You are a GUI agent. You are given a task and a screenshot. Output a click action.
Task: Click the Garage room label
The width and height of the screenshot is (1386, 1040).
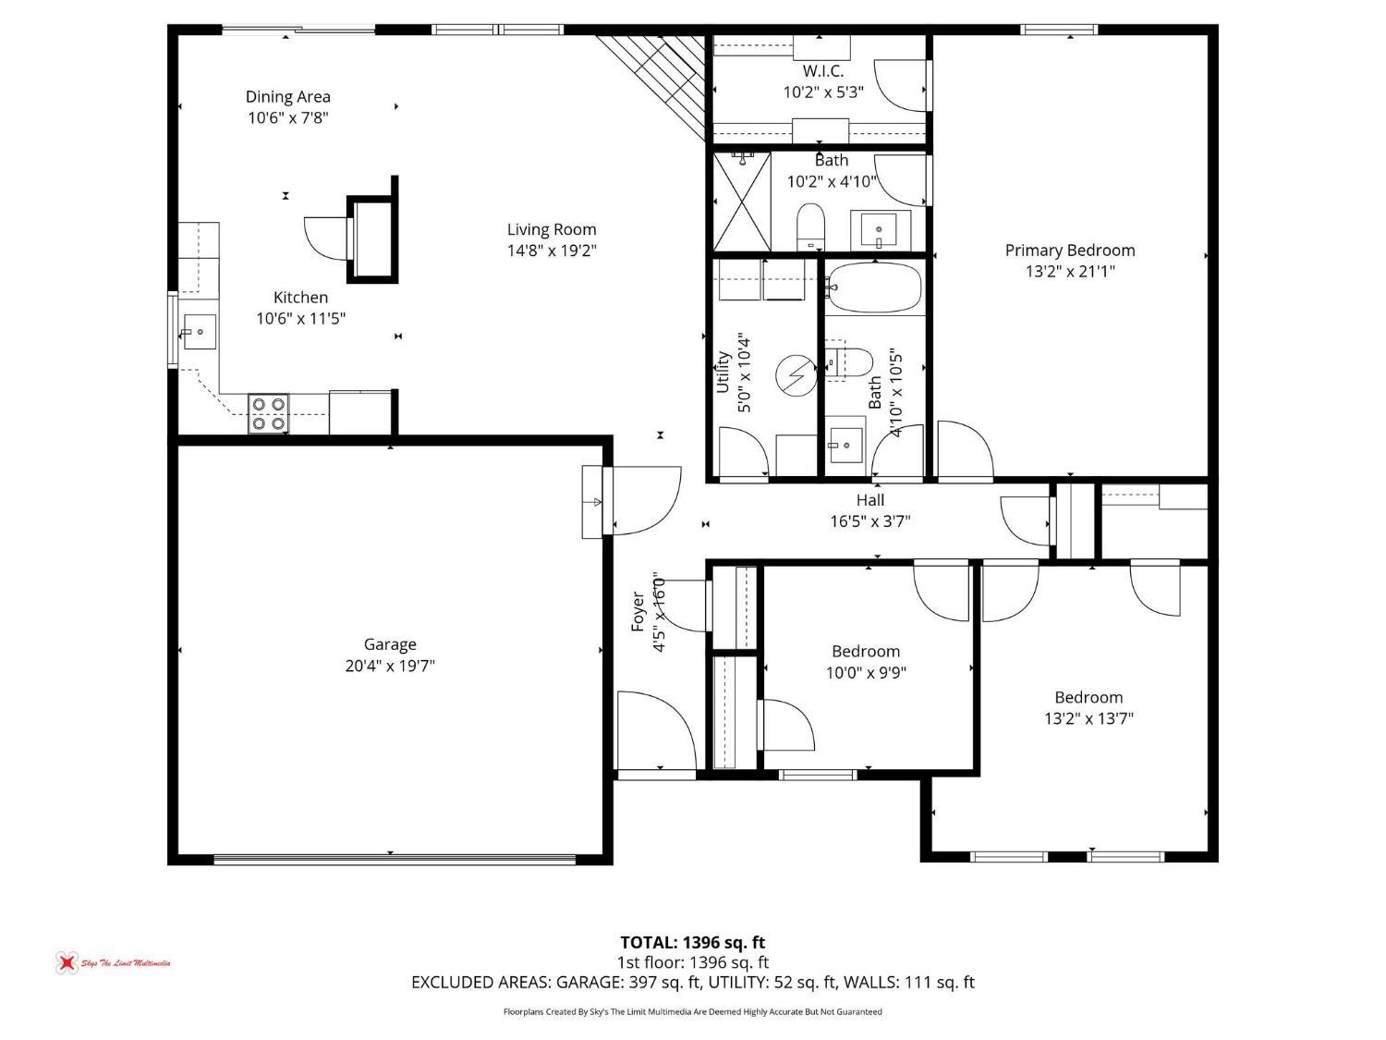point(389,644)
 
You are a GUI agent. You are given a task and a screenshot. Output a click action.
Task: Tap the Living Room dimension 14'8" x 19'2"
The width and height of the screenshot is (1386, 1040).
point(552,251)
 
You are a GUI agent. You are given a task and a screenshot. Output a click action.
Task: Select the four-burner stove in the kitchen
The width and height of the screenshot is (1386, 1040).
point(269,414)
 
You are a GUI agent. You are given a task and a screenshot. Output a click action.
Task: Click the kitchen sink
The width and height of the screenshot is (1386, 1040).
point(199,331)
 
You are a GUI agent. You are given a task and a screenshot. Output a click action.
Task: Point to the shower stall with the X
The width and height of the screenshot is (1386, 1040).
point(742,202)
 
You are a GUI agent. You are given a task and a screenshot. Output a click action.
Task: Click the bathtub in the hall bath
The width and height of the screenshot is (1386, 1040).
point(874,287)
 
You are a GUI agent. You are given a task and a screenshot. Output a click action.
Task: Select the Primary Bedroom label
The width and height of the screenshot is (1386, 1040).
point(1069,250)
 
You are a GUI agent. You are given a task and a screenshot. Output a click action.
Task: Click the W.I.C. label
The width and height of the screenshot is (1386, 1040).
point(822,71)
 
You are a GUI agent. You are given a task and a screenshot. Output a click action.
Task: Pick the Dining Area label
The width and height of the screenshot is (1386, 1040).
point(287,96)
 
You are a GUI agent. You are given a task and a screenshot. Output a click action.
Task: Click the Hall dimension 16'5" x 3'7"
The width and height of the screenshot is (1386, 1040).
point(869,521)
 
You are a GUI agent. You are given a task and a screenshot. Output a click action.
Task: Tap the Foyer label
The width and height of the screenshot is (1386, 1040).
point(638,611)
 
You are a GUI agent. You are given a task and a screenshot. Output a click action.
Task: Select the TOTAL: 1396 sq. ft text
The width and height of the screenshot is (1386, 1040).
point(692,942)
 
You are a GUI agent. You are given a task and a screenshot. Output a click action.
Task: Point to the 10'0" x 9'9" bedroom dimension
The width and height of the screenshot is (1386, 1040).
point(865,672)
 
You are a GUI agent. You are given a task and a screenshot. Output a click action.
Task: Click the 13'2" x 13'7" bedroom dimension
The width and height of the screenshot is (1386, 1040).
point(1088,718)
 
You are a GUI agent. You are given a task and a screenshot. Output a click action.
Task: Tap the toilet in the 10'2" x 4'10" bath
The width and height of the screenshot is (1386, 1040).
point(811,225)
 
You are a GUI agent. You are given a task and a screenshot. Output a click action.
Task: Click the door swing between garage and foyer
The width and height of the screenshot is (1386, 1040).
point(642,499)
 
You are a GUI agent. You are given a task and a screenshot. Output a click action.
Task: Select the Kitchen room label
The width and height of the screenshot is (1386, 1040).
point(300,297)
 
